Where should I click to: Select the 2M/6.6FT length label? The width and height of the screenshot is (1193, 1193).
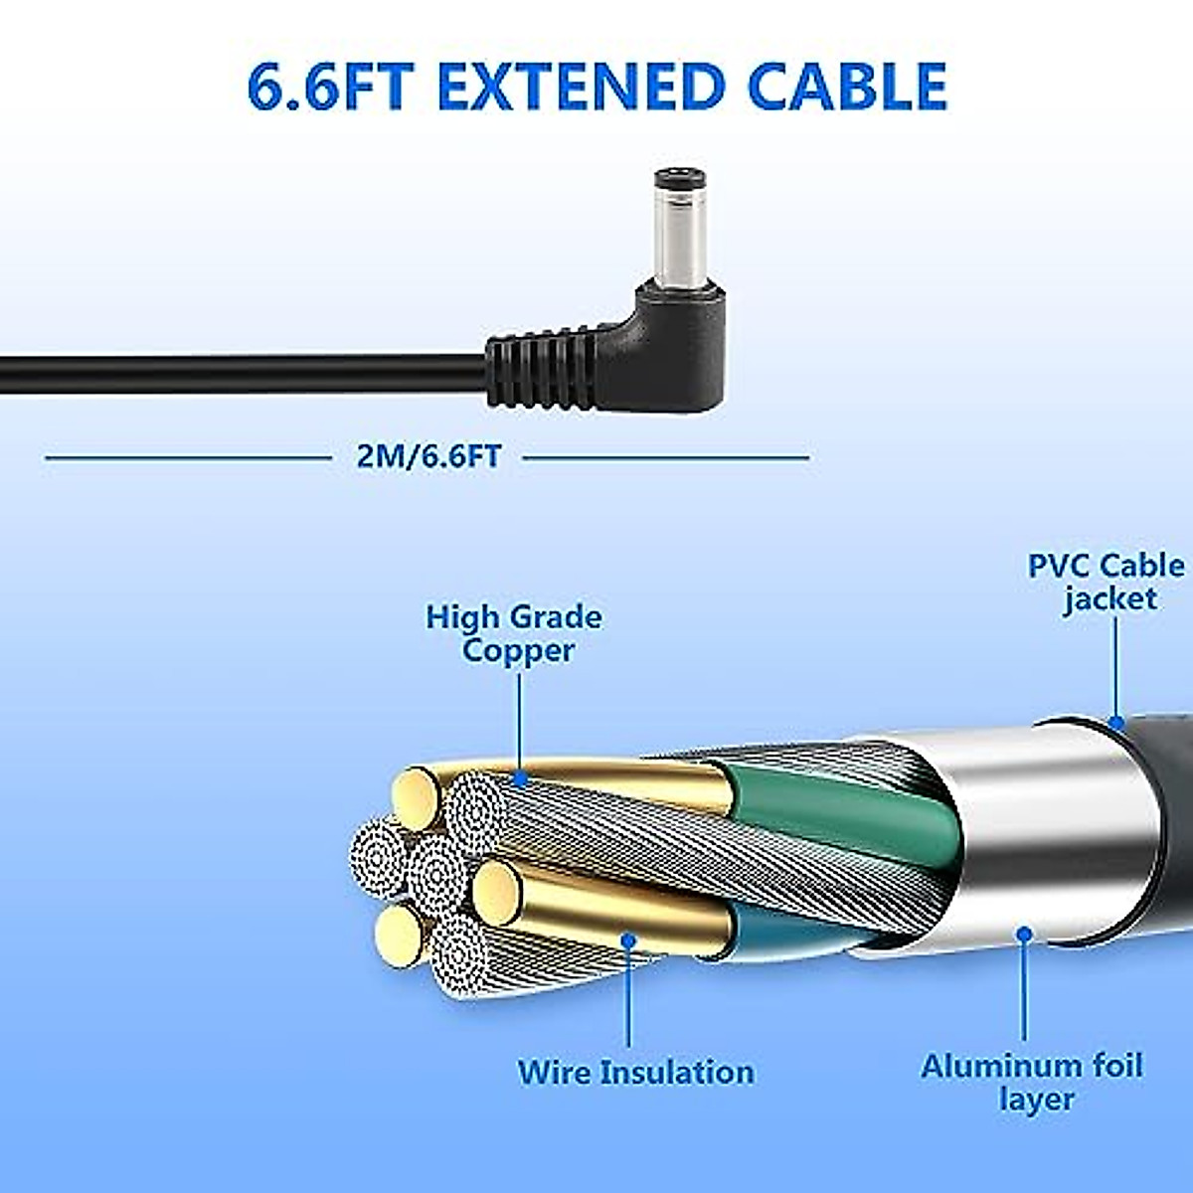point(428,456)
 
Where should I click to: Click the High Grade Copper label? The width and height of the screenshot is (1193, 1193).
point(514,633)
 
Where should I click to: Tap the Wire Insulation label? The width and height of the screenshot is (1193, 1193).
point(635,1072)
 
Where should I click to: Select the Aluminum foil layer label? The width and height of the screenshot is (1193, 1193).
point(1031,1082)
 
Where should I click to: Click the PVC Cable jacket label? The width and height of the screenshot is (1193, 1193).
point(1107,582)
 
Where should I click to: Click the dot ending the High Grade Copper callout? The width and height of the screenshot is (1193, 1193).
point(518,778)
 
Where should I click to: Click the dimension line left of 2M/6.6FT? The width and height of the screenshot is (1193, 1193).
point(189,458)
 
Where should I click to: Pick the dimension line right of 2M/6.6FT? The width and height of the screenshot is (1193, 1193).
point(666,458)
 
